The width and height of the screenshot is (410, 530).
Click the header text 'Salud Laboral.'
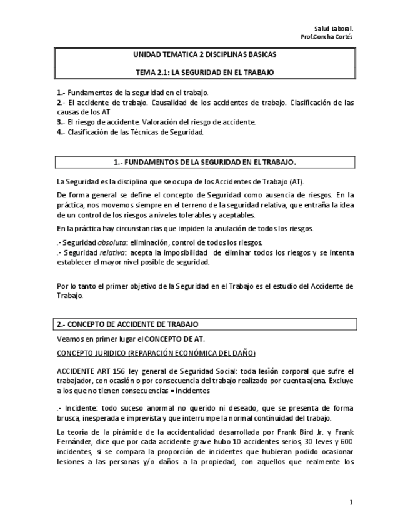click(x=335, y=29)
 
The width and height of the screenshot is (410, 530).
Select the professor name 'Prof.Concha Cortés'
click(x=327, y=37)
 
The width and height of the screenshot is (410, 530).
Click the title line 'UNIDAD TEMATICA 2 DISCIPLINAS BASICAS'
click(x=205, y=55)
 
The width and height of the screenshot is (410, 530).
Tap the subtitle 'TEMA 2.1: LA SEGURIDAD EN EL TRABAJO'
click(x=205, y=72)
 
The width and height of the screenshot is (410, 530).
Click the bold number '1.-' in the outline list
click(x=61, y=92)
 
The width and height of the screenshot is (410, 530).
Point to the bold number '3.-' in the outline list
click(x=61, y=122)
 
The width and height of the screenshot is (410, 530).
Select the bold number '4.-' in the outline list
click(x=61, y=132)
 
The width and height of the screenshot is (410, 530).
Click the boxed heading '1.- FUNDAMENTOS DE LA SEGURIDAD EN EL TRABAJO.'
click(x=205, y=162)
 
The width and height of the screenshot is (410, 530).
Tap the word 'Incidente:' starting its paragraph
click(x=79, y=409)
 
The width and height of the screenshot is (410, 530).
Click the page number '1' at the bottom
click(x=351, y=502)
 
